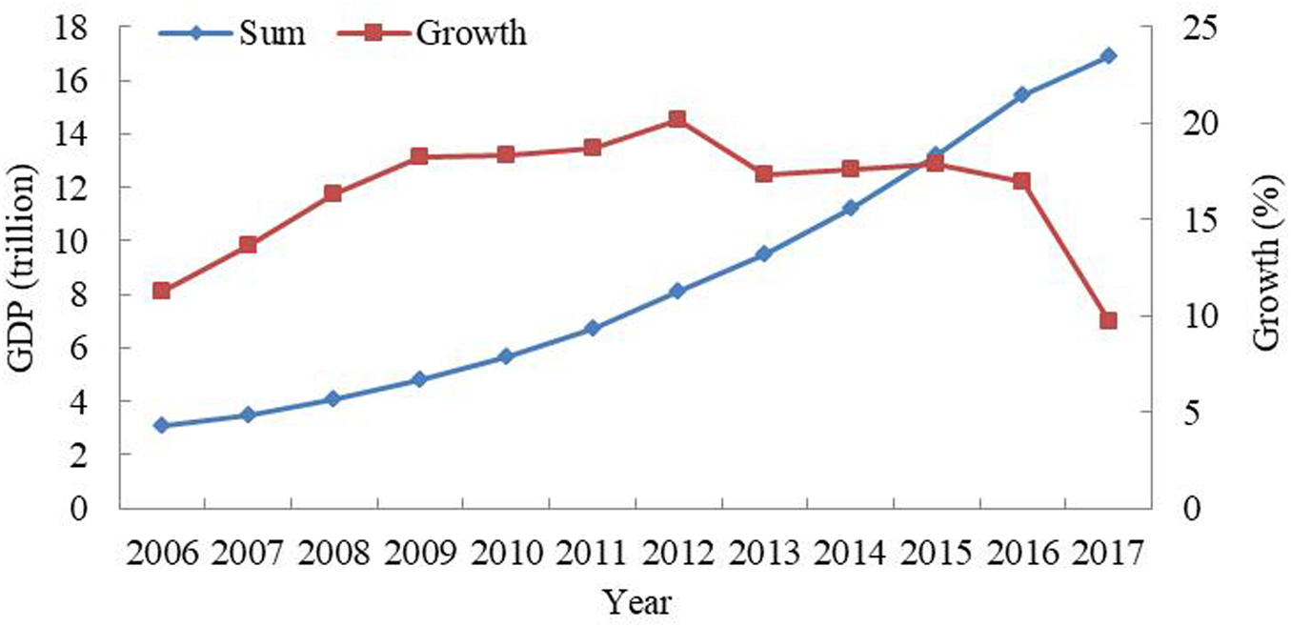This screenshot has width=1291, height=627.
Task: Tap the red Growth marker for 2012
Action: [x=677, y=119]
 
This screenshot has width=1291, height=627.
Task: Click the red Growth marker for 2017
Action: [x=1108, y=320]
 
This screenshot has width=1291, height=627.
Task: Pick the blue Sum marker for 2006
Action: [x=161, y=425]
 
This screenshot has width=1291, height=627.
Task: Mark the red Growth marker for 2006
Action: [x=161, y=291]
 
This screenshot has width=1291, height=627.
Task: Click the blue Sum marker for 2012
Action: [x=677, y=291]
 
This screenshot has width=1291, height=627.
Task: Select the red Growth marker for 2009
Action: [x=419, y=156]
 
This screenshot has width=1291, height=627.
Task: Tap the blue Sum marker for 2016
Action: [x=1021, y=94]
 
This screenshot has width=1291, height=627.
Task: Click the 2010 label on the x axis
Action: [x=506, y=553]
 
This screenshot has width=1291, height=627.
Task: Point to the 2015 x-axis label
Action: [x=936, y=553]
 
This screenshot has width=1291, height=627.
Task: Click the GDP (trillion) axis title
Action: [x=25, y=268]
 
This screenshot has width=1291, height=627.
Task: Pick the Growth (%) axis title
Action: [x=1265, y=268]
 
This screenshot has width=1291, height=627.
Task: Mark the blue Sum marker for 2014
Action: [x=850, y=208]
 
